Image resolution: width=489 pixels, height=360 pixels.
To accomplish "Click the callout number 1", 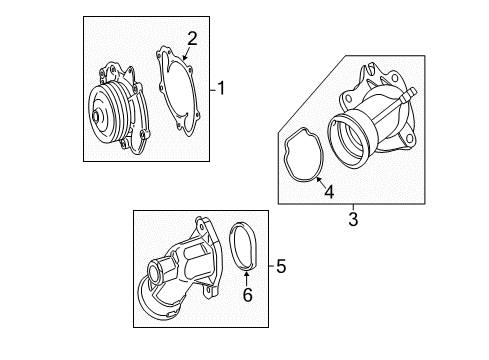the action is click(221, 88).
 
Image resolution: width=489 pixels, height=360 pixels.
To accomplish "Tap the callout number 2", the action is click(192, 39).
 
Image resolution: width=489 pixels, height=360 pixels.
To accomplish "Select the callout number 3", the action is click(353, 219).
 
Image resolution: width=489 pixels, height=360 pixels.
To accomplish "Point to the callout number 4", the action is click(329, 192).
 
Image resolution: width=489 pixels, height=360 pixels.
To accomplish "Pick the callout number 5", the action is click(281, 266).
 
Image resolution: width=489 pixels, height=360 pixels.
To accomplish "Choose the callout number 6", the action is click(247, 295).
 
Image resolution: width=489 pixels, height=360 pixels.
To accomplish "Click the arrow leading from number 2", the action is click(186, 53).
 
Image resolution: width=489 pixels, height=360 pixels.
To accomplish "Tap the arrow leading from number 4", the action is click(320, 182).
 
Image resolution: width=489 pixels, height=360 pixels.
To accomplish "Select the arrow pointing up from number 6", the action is click(246, 279).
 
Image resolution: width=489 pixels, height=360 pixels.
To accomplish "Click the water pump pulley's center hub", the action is click(96, 117).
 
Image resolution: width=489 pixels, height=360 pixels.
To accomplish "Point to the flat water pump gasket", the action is click(179, 91).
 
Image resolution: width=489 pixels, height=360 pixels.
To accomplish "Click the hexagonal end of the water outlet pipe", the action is click(157, 272).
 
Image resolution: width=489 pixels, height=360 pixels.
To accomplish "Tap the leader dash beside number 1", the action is click(213, 90).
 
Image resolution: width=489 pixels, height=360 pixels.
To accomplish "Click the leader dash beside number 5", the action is click(272, 266).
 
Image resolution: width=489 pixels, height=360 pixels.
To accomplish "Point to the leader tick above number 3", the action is click(353, 207).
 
